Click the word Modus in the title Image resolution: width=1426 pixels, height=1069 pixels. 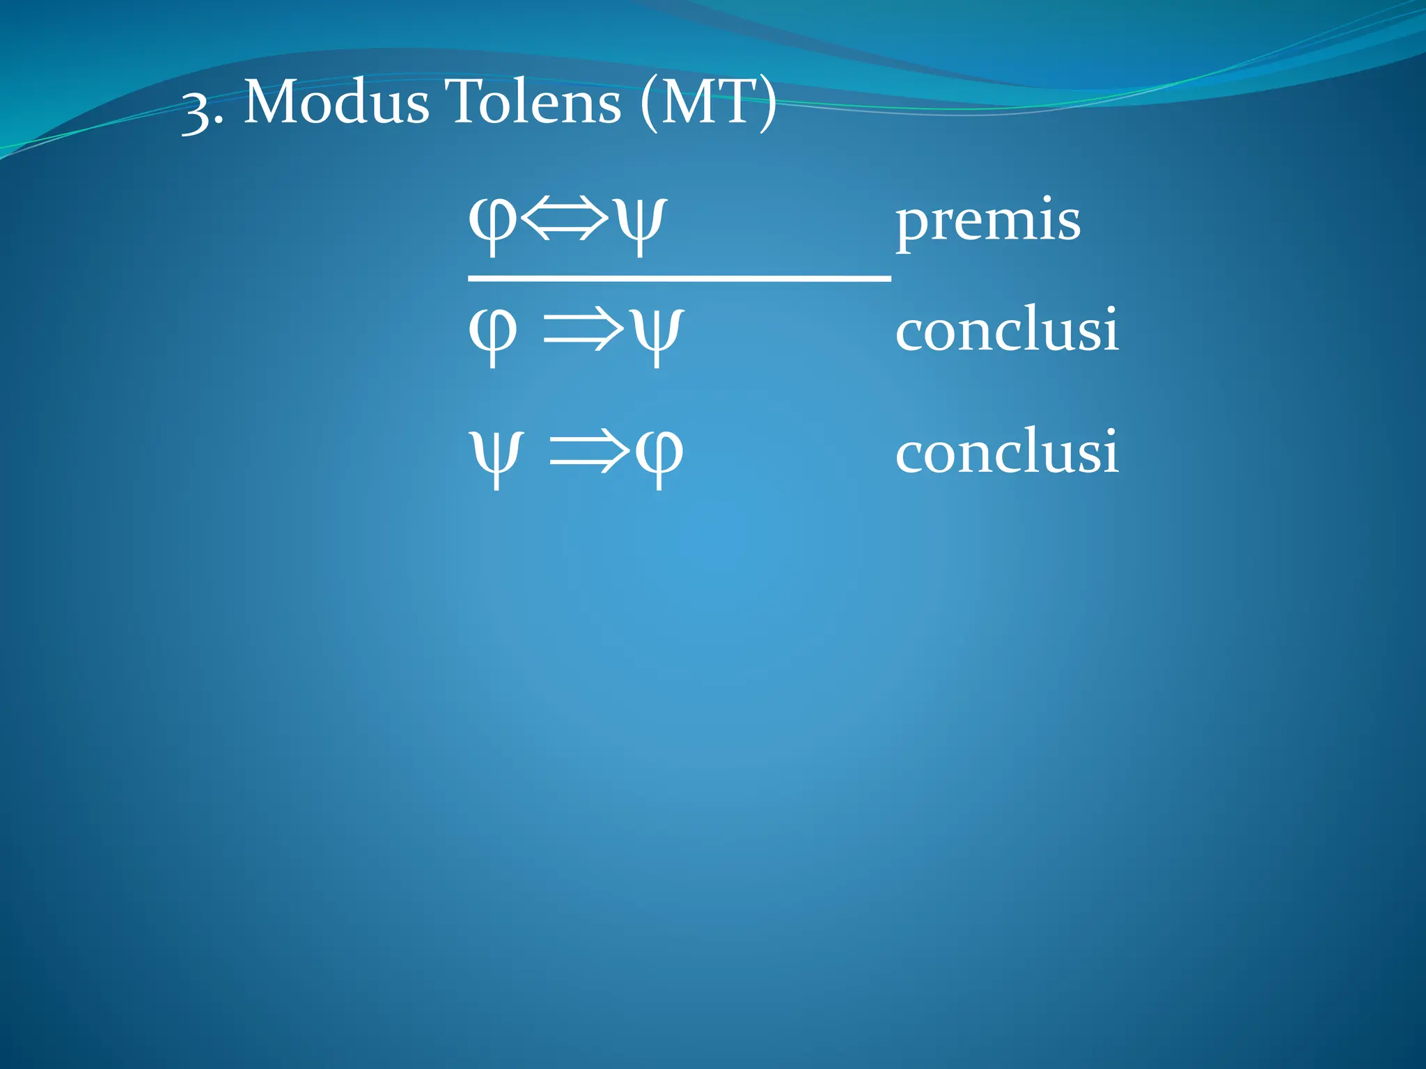pos(336,103)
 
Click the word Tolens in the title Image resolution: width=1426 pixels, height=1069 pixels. pos(533,103)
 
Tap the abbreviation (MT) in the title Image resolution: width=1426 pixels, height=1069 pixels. pos(707,104)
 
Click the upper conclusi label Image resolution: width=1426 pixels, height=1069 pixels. pos(1007,330)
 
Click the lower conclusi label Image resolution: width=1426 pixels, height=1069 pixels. pos(1007,452)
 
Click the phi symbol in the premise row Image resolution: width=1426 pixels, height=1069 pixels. pos(493,223)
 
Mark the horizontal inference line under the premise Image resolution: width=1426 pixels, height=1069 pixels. pos(679,278)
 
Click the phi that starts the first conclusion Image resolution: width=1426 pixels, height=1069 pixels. pos(493,333)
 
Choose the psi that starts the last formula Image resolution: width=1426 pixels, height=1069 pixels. pos(495,456)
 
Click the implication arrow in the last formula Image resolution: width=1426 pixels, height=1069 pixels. pos(589,453)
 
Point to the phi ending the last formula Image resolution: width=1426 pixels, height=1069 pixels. pos(659,456)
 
